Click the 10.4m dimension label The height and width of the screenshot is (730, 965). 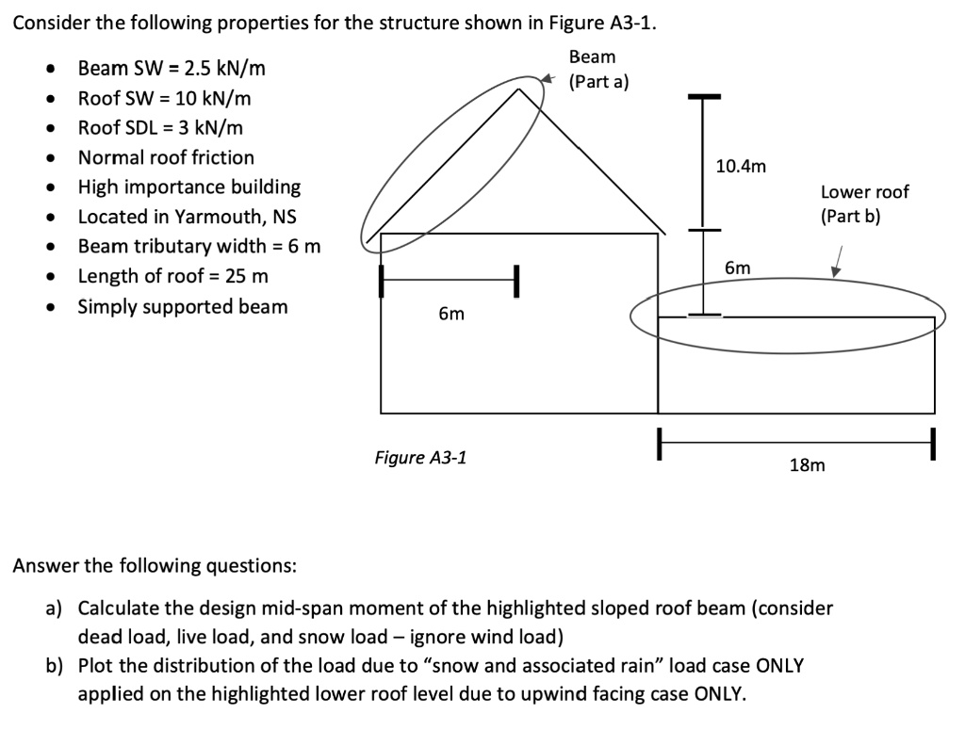[742, 167]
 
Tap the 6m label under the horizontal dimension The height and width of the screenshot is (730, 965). [451, 314]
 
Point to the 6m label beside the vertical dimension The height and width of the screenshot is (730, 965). [738, 268]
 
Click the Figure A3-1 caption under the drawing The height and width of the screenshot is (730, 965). [419, 459]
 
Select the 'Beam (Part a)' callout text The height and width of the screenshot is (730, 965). [593, 70]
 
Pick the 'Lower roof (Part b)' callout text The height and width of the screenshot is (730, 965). [864, 203]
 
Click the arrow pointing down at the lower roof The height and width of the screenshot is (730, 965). [836, 261]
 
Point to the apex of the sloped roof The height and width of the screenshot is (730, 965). [519, 89]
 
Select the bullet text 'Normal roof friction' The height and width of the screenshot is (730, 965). [166, 157]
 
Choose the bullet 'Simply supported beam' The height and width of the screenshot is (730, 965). [183, 306]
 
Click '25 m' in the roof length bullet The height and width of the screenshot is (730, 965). [248, 276]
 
